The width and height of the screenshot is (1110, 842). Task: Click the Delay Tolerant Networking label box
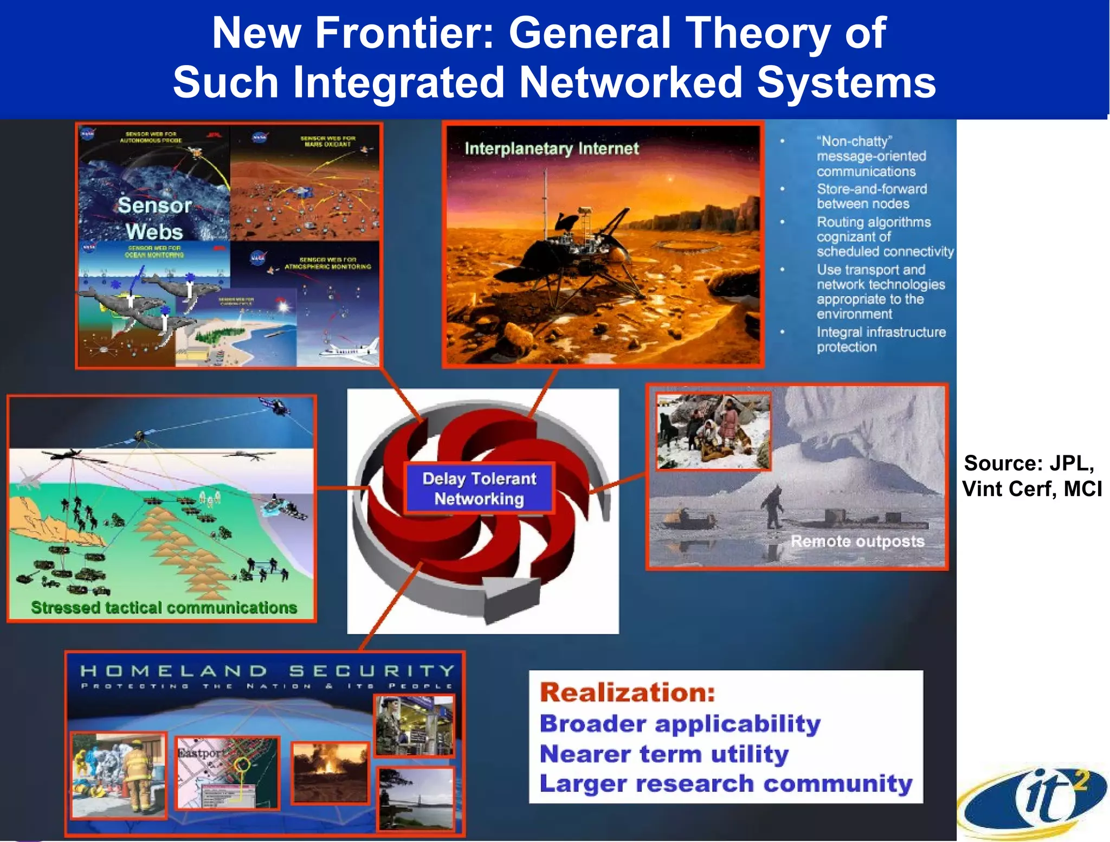tap(479, 488)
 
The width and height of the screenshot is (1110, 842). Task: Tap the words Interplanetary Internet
tap(551, 149)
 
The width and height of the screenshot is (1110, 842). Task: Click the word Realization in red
tap(627, 692)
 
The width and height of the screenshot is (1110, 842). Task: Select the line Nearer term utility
tap(664, 754)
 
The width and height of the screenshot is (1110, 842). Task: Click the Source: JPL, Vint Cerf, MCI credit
tap(1031, 476)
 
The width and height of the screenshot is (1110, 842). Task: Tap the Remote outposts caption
tap(857, 541)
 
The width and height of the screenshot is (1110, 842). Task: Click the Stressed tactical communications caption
tap(164, 608)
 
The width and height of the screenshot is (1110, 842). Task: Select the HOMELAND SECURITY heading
tap(267, 671)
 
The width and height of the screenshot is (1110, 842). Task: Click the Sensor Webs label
tap(154, 218)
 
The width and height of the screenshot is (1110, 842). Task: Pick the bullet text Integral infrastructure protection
tap(881, 339)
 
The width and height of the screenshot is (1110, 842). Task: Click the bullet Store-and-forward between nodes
tap(871, 196)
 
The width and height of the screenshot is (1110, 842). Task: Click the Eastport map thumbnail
tap(227, 773)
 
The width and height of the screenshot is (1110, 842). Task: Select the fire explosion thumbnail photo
tap(330, 773)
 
